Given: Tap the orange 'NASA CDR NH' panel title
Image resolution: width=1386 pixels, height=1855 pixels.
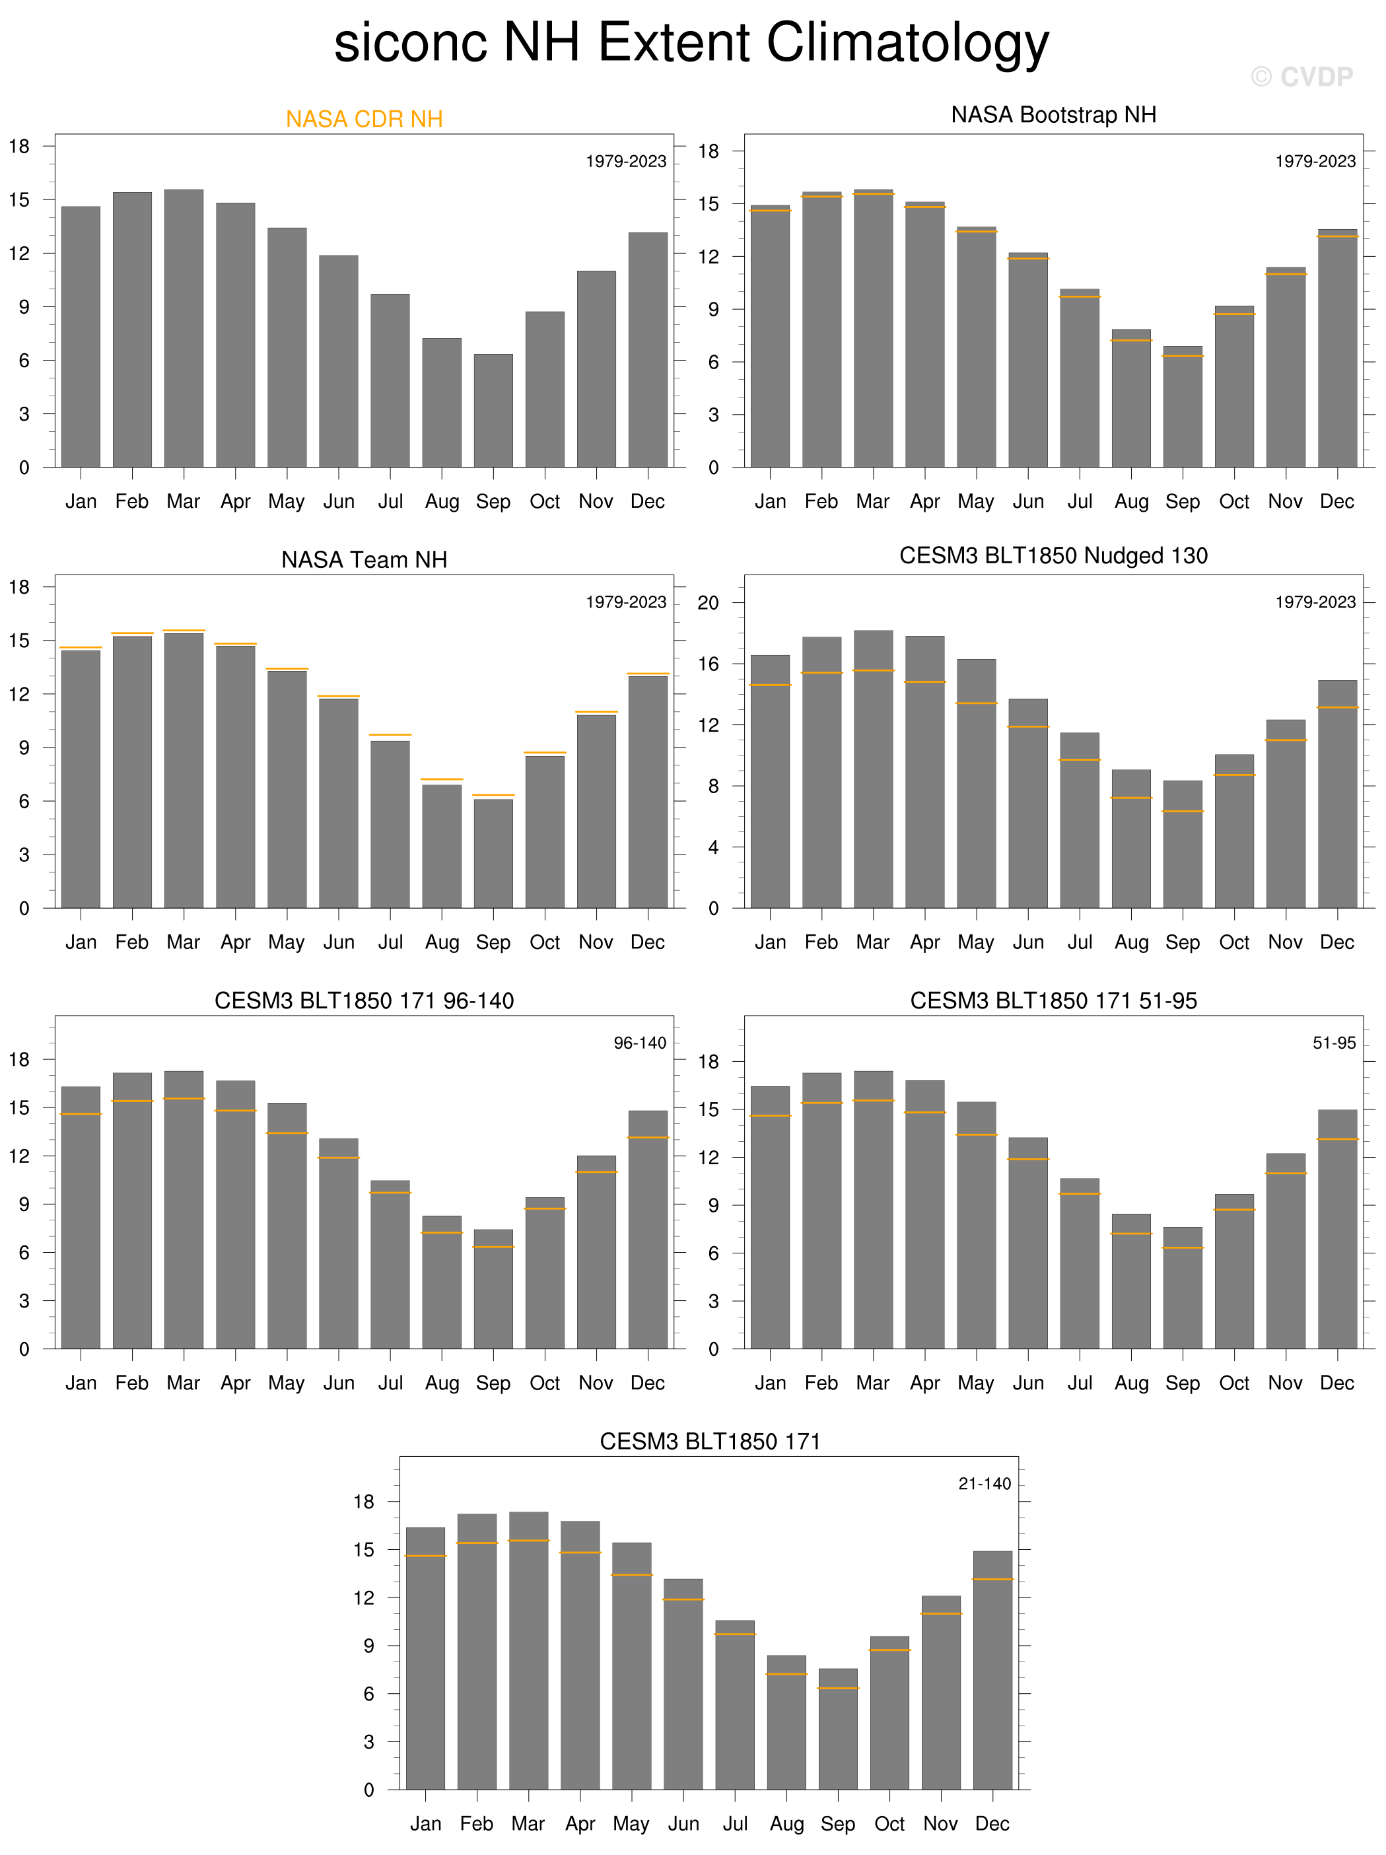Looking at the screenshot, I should (x=364, y=119).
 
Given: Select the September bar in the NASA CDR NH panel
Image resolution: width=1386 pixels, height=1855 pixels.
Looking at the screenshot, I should (x=493, y=411).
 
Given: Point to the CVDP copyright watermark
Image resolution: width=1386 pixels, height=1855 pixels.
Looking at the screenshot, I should (x=1301, y=77).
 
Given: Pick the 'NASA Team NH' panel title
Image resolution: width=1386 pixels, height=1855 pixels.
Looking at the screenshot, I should (x=364, y=559).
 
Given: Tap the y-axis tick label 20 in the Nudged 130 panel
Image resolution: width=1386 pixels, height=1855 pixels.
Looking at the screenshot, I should (x=709, y=603).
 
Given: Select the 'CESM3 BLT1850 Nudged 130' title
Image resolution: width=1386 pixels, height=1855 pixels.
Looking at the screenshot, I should (x=1053, y=555).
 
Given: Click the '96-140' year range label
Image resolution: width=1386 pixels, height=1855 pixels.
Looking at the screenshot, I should (x=640, y=1043).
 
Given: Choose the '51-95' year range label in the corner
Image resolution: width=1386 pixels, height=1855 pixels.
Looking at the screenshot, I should (x=1334, y=1043).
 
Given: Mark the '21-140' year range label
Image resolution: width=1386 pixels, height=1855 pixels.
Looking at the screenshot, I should (x=985, y=1483).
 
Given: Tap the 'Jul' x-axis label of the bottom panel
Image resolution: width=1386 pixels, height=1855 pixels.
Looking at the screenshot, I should (x=736, y=1824).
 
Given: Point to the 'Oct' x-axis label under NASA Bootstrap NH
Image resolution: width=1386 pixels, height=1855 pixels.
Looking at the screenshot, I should (x=1234, y=501).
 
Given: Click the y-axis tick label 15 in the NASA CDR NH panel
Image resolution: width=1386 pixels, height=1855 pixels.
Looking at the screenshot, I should (x=19, y=199).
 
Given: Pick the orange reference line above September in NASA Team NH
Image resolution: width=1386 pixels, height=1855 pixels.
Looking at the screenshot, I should (x=493, y=794).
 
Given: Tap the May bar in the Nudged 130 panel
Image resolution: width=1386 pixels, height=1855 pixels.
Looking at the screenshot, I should (x=976, y=783).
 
